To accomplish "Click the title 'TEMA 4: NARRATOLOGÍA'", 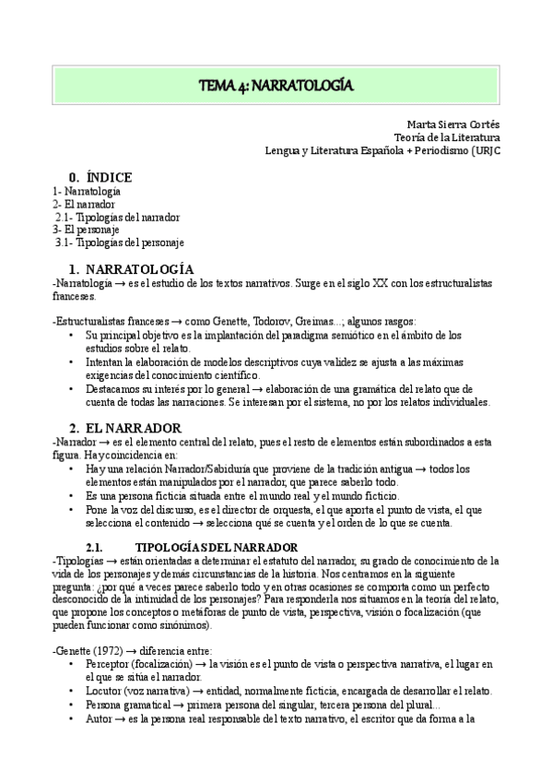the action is tap(276, 86).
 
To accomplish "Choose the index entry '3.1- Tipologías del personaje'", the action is tap(120, 243).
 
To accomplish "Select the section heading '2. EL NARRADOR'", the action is tap(125, 428).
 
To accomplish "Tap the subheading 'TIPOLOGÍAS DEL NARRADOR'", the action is tap(216, 547).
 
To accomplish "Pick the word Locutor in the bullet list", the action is tap(102, 691).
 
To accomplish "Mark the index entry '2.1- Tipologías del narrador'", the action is tap(117, 217).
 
